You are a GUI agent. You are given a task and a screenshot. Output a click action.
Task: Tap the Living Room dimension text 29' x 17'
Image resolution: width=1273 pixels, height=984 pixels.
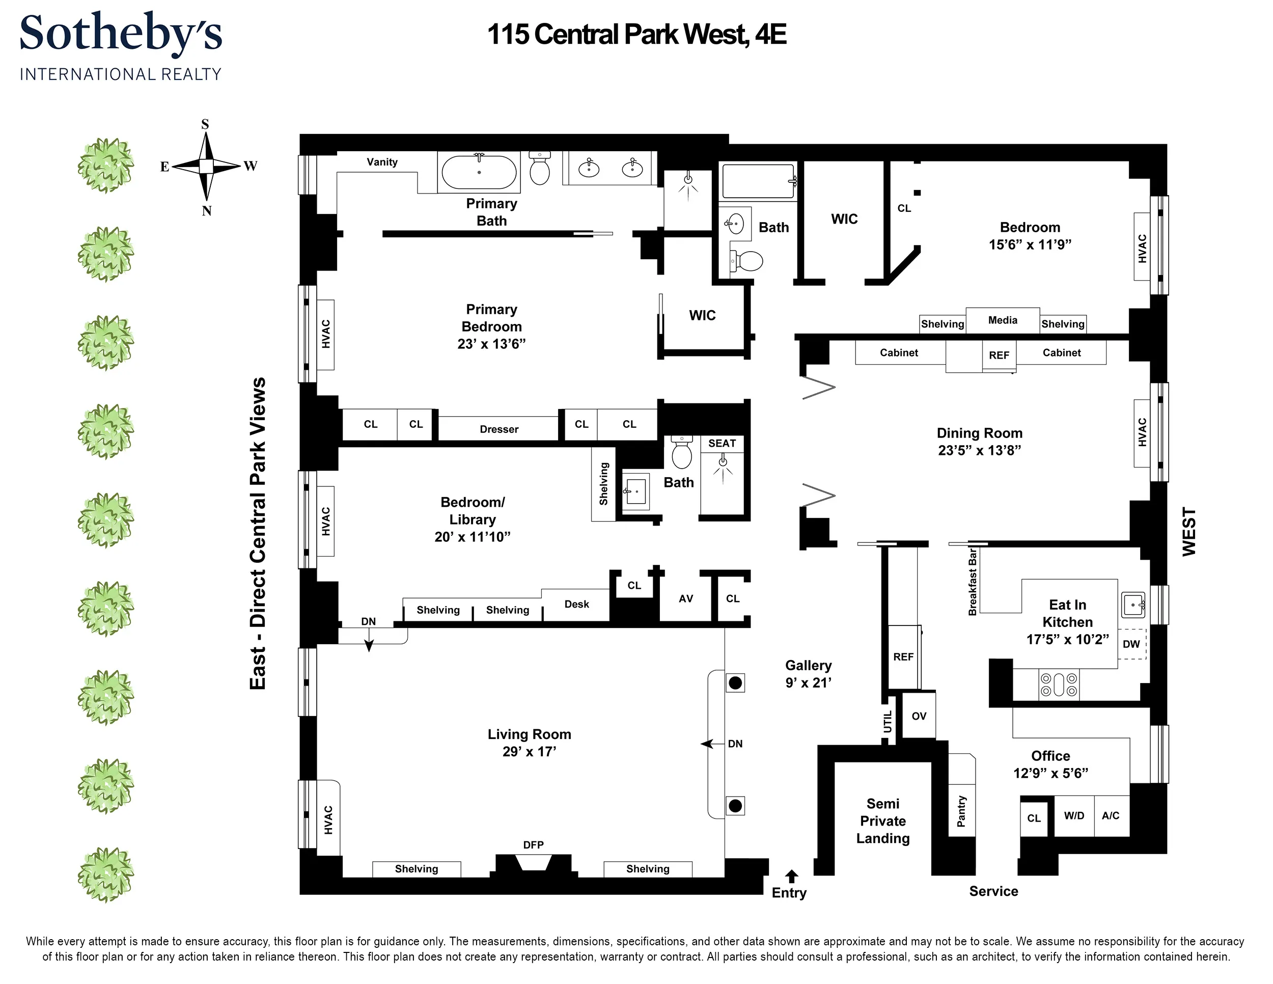pyautogui.click(x=529, y=752)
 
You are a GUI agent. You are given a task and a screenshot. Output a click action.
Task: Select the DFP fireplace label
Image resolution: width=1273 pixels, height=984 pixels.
pyautogui.click(x=533, y=844)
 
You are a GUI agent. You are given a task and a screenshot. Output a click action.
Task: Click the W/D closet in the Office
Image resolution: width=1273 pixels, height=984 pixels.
pyautogui.click(x=1074, y=815)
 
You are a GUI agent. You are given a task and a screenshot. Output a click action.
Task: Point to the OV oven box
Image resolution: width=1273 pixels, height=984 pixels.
pyautogui.click(x=919, y=716)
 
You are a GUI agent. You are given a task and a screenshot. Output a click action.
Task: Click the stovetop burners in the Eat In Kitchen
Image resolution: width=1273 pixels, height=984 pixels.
pyautogui.click(x=1059, y=685)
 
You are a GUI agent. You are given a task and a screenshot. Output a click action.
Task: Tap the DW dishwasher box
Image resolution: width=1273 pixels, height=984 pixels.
pyautogui.click(x=1131, y=644)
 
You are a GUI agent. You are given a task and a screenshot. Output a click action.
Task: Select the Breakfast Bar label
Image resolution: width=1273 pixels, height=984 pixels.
pyautogui.click(x=972, y=581)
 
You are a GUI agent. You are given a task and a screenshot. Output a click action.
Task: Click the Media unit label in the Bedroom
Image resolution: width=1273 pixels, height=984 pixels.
pyautogui.click(x=1003, y=320)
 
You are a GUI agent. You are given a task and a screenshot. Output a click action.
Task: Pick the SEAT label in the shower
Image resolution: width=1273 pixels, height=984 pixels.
pyautogui.click(x=722, y=443)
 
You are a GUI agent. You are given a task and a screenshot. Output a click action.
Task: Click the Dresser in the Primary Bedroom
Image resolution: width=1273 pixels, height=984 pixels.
pyautogui.click(x=499, y=429)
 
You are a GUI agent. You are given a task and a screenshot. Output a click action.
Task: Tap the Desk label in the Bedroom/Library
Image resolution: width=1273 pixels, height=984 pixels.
pyautogui.click(x=576, y=604)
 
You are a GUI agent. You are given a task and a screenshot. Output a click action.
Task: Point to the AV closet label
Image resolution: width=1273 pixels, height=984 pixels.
pyautogui.click(x=685, y=598)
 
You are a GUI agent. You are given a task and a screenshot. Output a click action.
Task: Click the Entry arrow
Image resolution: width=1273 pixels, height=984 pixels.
pyautogui.click(x=791, y=876)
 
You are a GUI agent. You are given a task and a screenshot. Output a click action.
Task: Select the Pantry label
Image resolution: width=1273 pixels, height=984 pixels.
pyautogui.click(x=961, y=811)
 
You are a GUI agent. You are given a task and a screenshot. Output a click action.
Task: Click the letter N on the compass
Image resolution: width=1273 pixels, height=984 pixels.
pyautogui.click(x=206, y=211)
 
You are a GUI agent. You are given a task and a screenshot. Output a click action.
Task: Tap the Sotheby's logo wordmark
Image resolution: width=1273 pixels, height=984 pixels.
pyautogui.click(x=121, y=33)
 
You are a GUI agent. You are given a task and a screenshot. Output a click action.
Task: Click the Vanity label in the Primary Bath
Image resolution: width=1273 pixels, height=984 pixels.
pyautogui.click(x=382, y=162)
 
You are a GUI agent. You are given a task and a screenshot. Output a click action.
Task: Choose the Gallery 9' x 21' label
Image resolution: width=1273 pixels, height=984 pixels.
pyautogui.click(x=808, y=674)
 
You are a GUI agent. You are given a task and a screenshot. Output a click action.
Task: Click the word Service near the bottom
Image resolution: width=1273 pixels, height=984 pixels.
pyautogui.click(x=993, y=891)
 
